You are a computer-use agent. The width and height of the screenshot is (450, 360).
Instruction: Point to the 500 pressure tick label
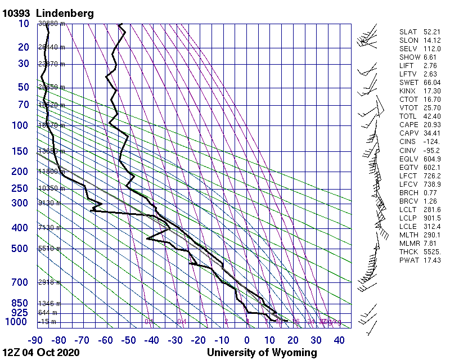20,249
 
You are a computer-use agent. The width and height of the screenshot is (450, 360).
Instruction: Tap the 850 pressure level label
20,303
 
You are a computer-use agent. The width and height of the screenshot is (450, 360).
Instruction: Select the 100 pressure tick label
20,125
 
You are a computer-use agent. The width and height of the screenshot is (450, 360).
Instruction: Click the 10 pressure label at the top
24,24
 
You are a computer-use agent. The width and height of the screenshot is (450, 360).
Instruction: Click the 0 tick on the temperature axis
247,340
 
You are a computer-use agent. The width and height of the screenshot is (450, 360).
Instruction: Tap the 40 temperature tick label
339,340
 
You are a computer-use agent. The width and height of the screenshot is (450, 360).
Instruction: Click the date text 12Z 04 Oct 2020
41,353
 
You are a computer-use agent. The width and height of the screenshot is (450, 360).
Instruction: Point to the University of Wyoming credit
262,353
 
